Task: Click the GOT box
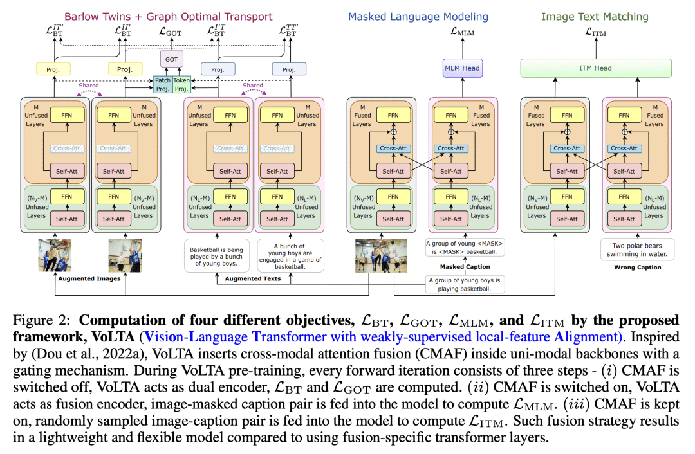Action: pyautogui.click(x=171, y=60)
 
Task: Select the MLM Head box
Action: pyautogui.click(x=462, y=68)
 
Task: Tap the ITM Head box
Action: pyautogui.click(x=595, y=68)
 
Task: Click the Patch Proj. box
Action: pyautogui.click(x=162, y=84)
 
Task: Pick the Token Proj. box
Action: pyautogui.click(x=181, y=84)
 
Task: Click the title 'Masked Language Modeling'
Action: pyautogui.click(x=418, y=17)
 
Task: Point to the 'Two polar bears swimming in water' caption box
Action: pyautogui.click(x=636, y=249)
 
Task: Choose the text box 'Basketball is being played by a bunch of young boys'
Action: pyautogui.click(x=216, y=253)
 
